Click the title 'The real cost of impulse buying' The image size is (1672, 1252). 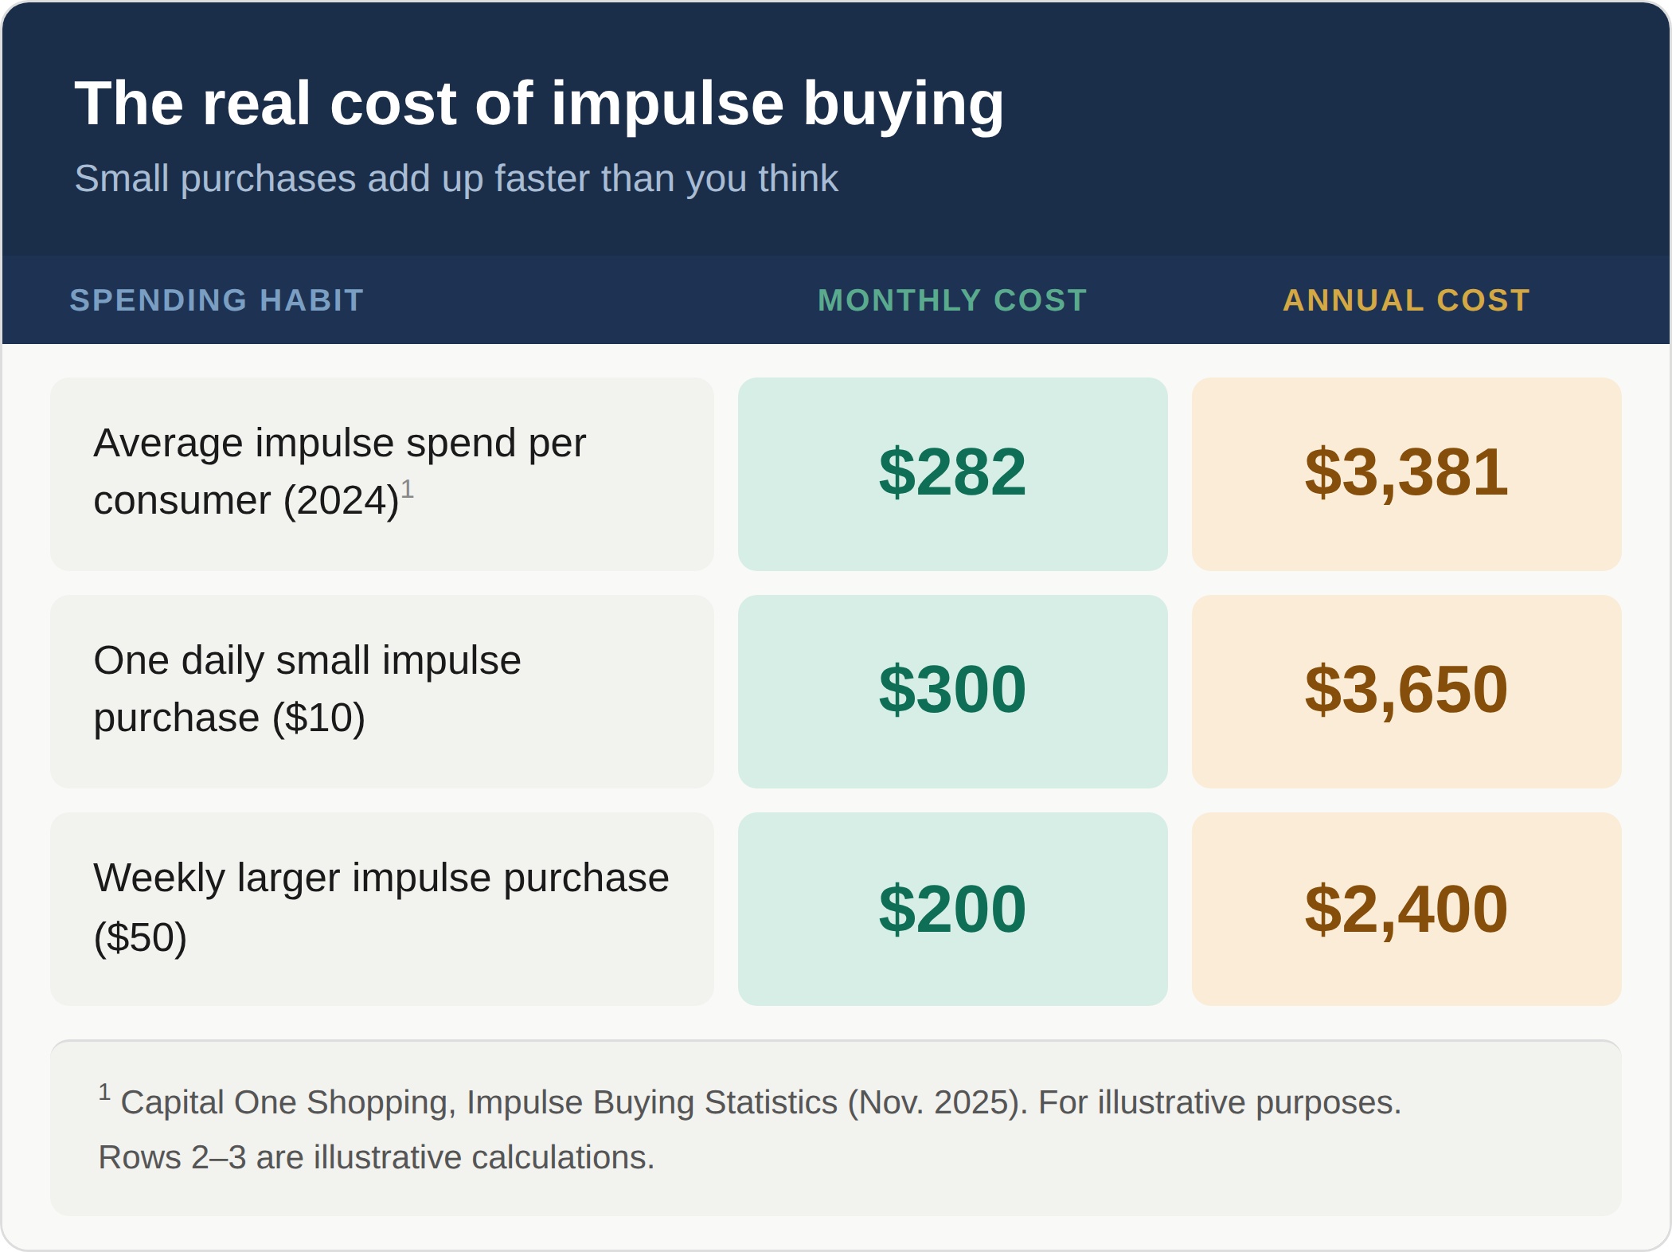click(x=539, y=104)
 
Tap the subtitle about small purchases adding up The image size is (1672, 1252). click(x=456, y=178)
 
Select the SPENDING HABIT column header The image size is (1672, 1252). click(x=217, y=300)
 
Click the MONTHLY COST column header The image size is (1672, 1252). click(x=952, y=300)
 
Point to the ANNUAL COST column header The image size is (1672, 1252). click(x=1407, y=300)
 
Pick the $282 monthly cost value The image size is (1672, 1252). click(x=952, y=472)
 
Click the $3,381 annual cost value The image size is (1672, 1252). click(x=1406, y=473)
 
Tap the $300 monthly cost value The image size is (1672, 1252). click(x=952, y=690)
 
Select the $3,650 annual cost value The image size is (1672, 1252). click(x=1406, y=691)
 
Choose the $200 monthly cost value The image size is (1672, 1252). click(x=952, y=909)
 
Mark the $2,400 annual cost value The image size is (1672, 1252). click(x=1406, y=910)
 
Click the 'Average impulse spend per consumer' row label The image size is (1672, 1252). click(x=339, y=471)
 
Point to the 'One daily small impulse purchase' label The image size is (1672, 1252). click(x=307, y=689)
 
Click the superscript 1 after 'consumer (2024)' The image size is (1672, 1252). click(x=407, y=488)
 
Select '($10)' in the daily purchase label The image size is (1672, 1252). click(x=318, y=718)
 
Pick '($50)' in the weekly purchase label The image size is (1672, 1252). click(x=140, y=937)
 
